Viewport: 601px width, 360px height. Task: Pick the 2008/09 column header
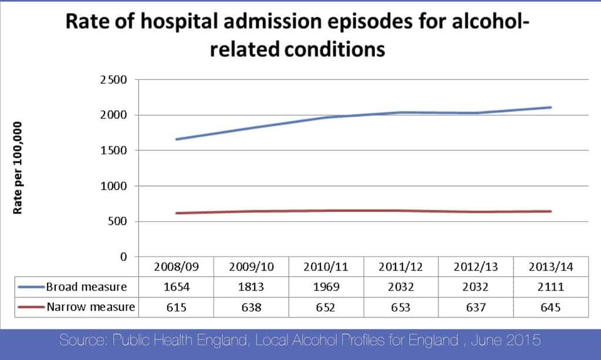175,267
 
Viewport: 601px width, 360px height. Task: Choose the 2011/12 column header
401,267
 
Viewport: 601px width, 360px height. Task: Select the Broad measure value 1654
175,287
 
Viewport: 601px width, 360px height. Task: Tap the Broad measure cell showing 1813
251,287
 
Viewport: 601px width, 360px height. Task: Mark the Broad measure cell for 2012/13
476,287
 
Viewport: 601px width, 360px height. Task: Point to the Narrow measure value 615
175,307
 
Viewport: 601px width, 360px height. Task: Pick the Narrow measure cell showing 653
401,307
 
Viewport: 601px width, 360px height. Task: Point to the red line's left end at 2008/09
176,213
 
